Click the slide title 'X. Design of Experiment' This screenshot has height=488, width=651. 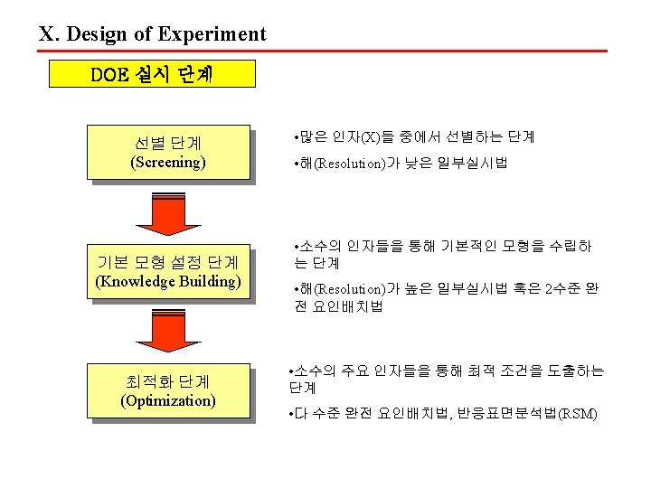click(152, 34)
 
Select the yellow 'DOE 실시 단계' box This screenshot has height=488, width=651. click(152, 74)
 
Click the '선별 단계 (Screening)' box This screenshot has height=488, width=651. click(167, 152)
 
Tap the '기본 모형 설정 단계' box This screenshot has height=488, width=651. click(167, 270)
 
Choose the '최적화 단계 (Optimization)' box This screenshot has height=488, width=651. click(167, 390)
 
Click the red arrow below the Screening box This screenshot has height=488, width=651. click(167, 215)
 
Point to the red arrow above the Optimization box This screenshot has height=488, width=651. click(167, 333)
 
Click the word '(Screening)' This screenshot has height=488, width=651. click(167, 163)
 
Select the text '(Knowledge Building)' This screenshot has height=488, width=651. click(167, 281)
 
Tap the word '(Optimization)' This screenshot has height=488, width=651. click(167, 400)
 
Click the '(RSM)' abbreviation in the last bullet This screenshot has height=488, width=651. click(579, 414)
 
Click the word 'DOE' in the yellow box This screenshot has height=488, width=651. click(109, 74)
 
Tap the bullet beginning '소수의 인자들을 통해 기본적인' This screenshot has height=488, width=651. click(443, 254)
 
